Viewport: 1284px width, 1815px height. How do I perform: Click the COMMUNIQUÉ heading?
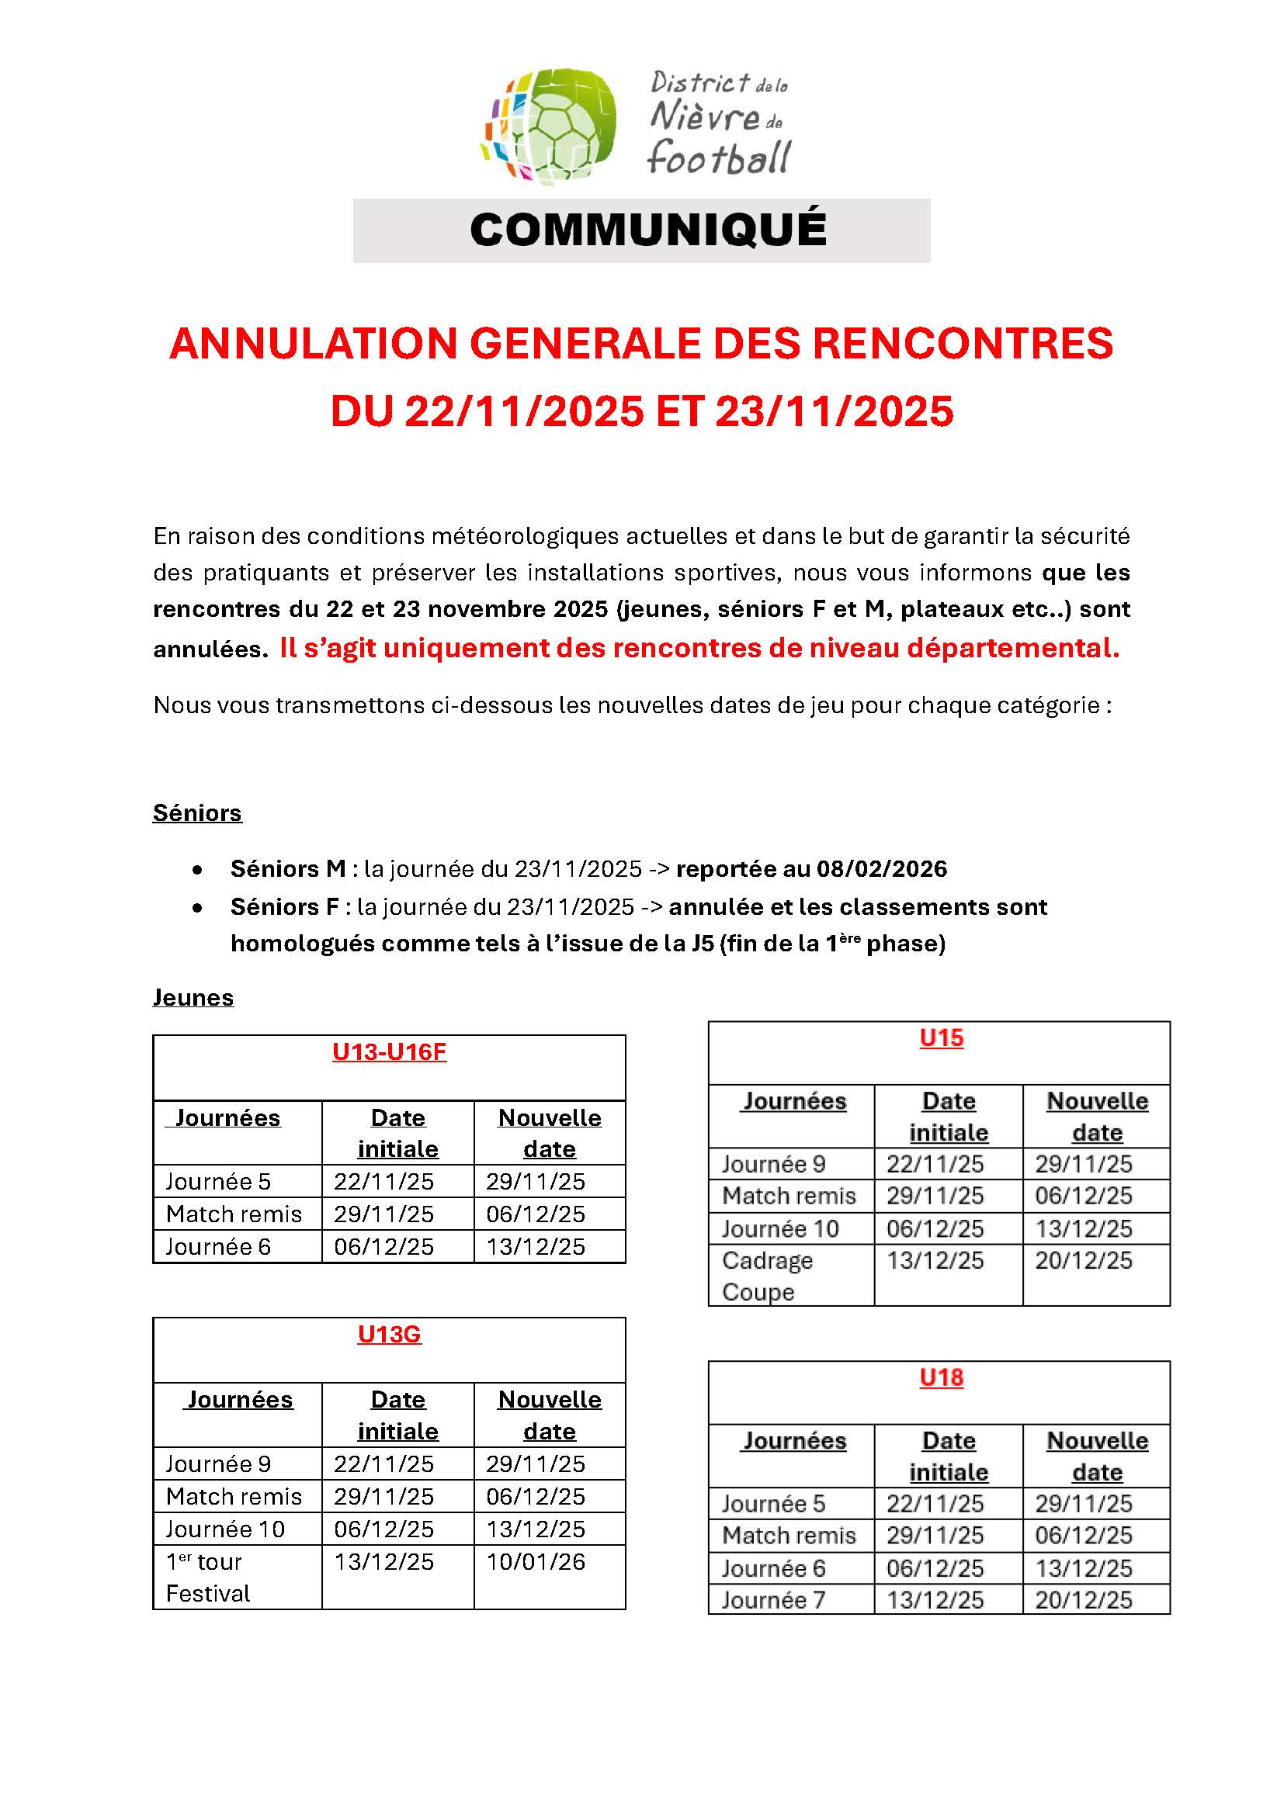(647, 230)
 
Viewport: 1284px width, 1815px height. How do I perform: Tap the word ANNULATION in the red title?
(313, 344)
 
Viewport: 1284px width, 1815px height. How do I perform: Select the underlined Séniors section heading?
(197, 812)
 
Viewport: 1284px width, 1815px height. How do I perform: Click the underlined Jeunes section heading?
(193, 997)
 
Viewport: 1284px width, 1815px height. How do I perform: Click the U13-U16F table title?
(389, 1051)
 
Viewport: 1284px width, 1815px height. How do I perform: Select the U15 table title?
(941, 1037)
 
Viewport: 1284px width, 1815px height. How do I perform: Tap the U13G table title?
(389, 1334)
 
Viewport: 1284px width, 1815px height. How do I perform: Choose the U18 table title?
(941, 1377)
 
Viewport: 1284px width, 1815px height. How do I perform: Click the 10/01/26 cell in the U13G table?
(536, 1561)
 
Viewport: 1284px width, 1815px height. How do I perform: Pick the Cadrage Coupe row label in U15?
(766, 1275)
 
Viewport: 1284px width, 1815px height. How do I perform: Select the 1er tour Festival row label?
(207, 1577)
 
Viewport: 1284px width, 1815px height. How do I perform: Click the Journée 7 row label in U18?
(772, 1599)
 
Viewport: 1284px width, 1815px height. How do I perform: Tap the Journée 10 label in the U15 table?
(779, 1228)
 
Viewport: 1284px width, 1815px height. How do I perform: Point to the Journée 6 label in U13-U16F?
(218, 1247)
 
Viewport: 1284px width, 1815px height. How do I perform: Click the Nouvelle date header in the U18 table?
(1097, 1456)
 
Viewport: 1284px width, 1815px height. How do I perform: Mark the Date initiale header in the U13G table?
(397, 1415)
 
